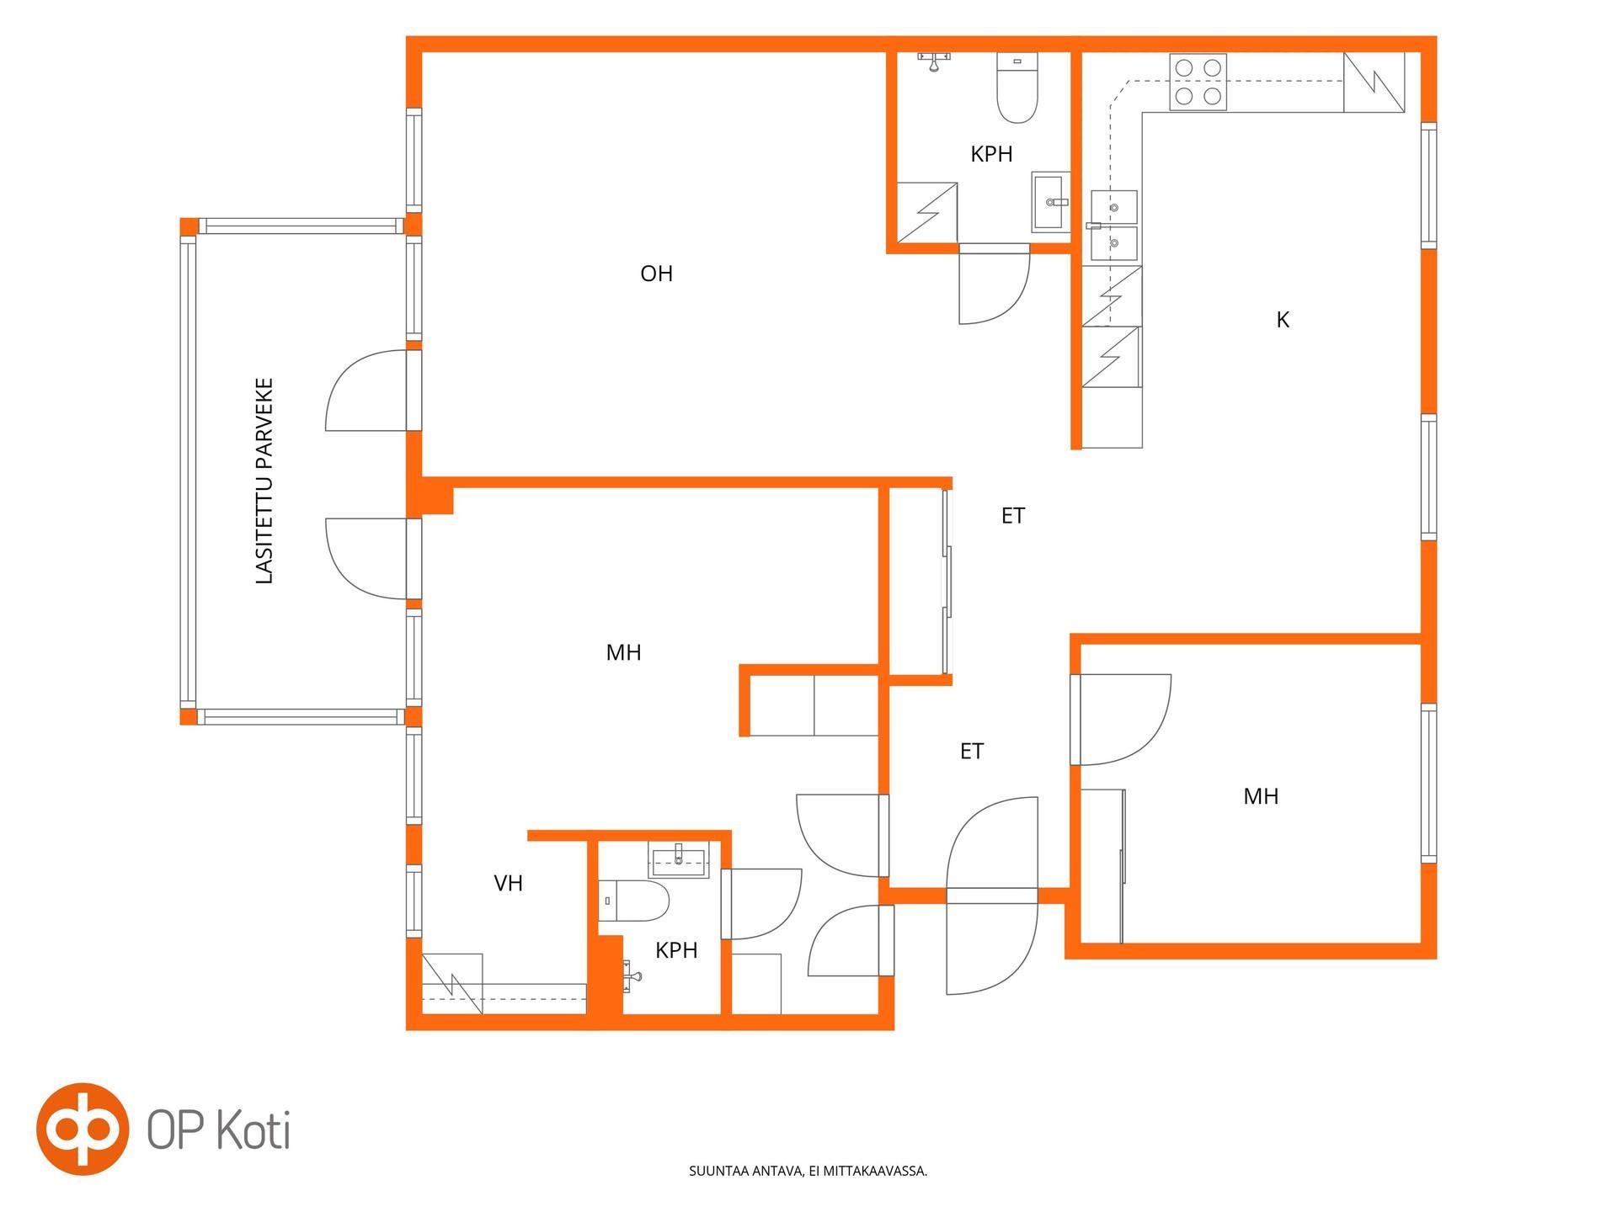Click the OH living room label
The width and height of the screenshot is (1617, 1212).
pyautogui.click(x=656, y=274)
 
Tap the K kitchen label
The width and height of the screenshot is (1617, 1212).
pyautogui.click(x=1283, y=320)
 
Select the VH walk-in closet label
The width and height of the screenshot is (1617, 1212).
pyautogui.click(x=508, y=883)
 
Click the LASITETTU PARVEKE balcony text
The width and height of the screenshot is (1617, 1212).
pyautogui.click(x=264, y=481)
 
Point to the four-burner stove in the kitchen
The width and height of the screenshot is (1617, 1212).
pyautogui.click(x=1198, y=82)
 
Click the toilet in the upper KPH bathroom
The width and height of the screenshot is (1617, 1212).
pyautogui.click(x=1017, y=88)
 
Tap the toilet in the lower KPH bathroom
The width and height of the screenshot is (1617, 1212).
pyautogui.click(x=633, y=901)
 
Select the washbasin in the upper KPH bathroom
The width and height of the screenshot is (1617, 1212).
pyautogui.click(x=1051, y=202)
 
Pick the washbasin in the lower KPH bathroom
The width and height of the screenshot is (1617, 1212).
pyautogui.click(x=679, y=858)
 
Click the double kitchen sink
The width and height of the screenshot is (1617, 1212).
pyautogui.click(x=1113, y=226)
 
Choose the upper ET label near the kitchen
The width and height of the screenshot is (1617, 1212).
pyautogui.click(x=1013, y=516)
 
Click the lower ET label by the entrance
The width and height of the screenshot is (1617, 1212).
pyautogui.click(x=972, y=752)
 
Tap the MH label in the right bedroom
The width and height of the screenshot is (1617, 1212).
pyautogui.click(x=1261, y=796)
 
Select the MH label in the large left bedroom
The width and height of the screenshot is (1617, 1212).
pyautogui.click(x=623, y=652)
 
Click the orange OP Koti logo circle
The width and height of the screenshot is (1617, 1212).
pyautogui.click(x=83, y=1129)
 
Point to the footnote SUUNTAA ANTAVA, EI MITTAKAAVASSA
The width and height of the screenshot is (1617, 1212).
pyautogui.click(x=808, y=1171)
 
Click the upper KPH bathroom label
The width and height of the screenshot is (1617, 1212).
pyautogui.click(x=991, y=154)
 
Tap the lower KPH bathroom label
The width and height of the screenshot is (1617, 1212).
pyautogui.click(x=676, y=950)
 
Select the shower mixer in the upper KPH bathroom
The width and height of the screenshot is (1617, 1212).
pyautogui.click(x=934, y=60)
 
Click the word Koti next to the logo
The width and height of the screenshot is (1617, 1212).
pyautogui.click(x=254, y=1130)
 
